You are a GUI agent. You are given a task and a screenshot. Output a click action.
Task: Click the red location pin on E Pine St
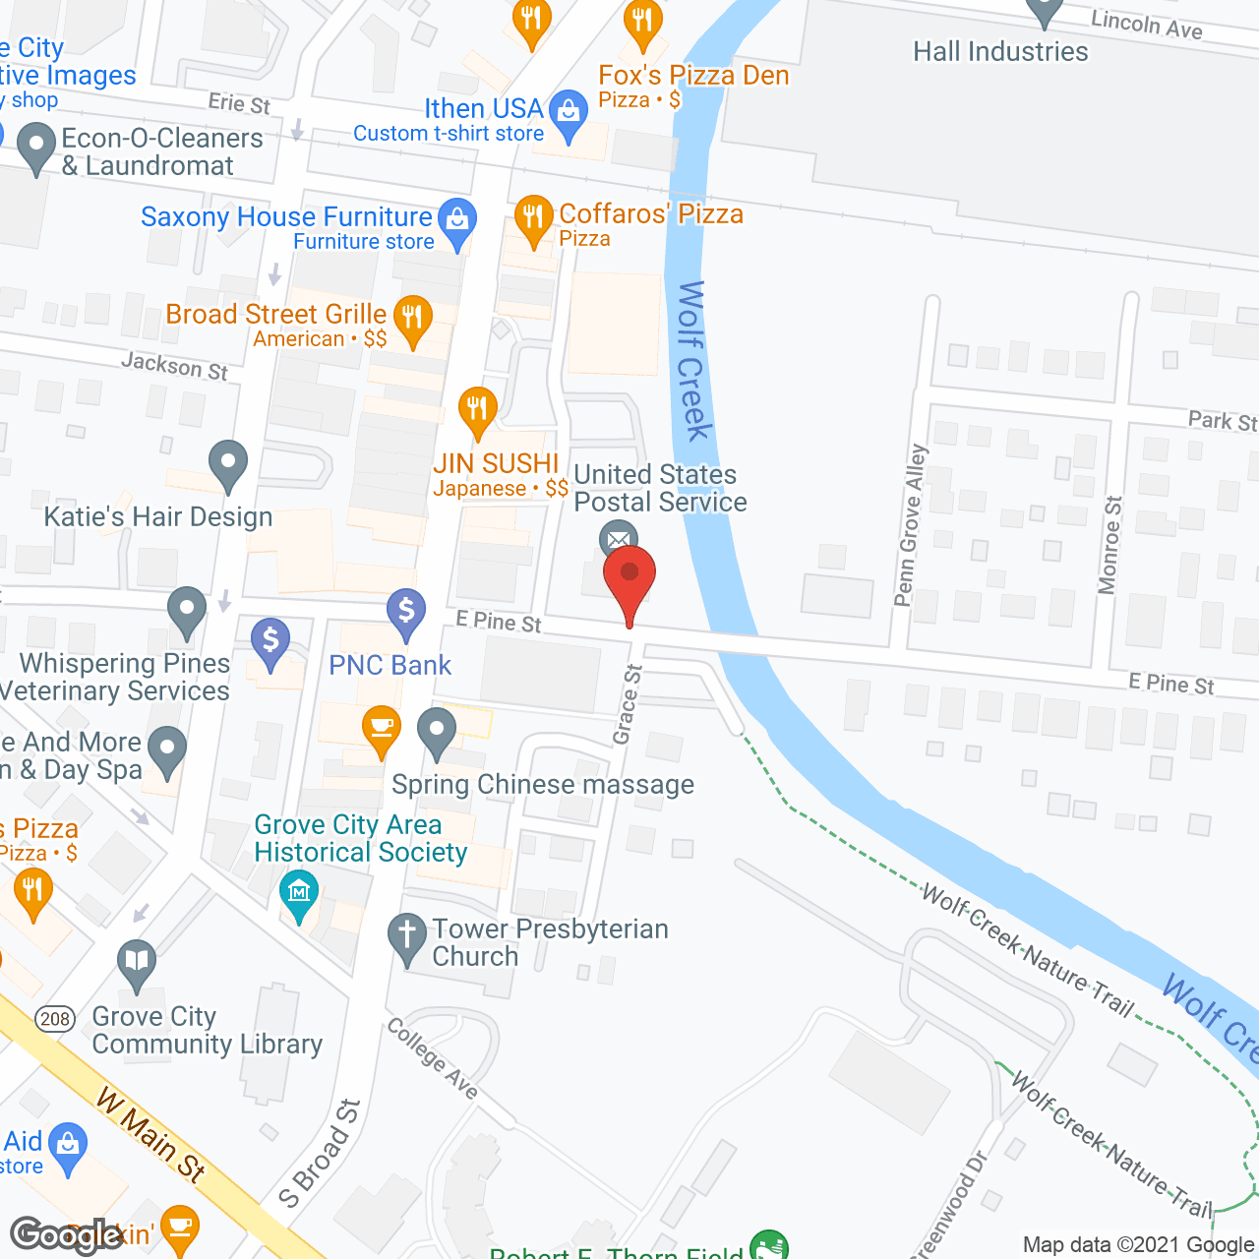point(629,576)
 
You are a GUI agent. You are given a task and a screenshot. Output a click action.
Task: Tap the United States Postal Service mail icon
point(618,539)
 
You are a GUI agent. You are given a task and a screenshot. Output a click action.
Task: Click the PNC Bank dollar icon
point(405,611)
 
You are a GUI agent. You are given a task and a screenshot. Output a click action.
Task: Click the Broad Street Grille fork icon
point(412,318)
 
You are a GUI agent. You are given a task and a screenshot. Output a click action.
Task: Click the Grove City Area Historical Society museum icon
point(299,892)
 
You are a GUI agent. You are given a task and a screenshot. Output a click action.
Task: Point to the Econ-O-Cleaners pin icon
point(36,147)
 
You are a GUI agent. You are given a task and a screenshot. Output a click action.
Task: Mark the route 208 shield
point(56,1018)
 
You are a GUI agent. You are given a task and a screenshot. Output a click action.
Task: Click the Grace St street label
point(628,704)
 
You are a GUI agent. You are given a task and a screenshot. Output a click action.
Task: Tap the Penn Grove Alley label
point(911,526)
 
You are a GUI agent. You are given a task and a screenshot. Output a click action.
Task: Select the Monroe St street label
point(1110,545)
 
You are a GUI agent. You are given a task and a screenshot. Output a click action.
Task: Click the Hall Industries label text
point(1000,51)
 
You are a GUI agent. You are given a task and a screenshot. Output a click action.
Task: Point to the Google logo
point(67,1235)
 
